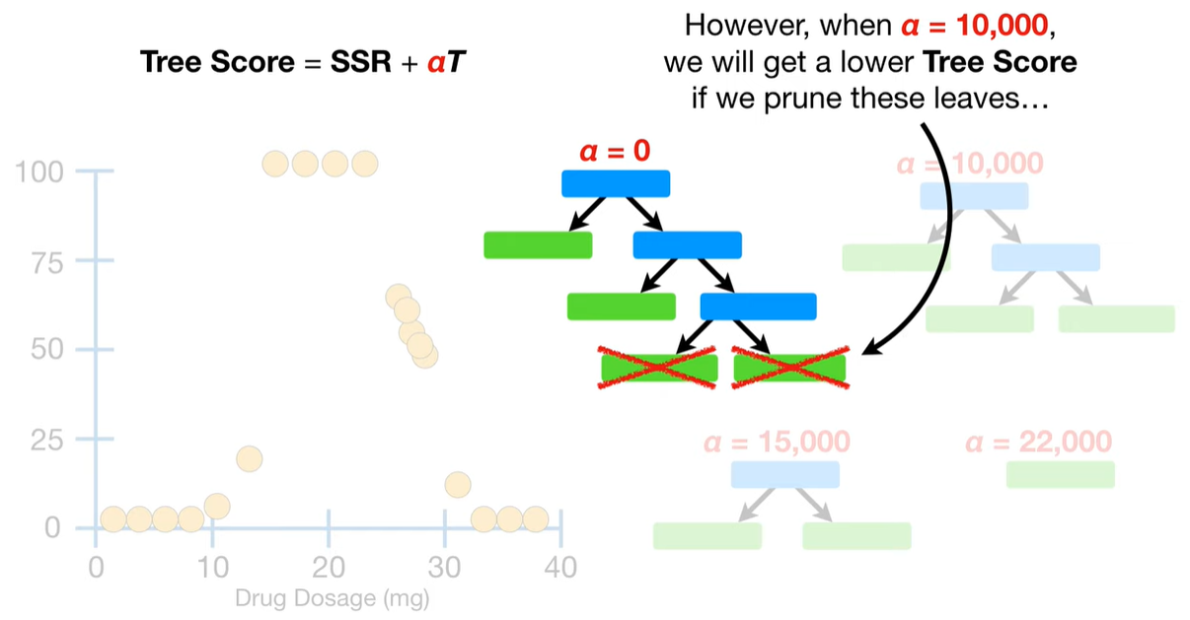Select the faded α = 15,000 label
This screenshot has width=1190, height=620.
777,442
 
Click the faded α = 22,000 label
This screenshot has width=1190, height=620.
1038,442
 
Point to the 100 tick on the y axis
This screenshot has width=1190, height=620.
41,172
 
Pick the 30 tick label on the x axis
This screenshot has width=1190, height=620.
445,567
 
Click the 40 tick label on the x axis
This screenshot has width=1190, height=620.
560,567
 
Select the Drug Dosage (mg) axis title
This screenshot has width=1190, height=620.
332,596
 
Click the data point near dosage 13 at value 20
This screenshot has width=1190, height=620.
249,458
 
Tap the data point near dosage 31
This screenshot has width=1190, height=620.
457,484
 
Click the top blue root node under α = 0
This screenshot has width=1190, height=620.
616,183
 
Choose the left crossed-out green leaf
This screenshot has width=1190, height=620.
659,368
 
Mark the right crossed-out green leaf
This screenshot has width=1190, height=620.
789,368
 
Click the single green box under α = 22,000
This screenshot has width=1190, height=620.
1060,474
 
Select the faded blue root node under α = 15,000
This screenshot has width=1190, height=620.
784,474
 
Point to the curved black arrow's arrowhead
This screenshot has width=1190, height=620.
869,349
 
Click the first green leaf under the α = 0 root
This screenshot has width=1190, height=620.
538,244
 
